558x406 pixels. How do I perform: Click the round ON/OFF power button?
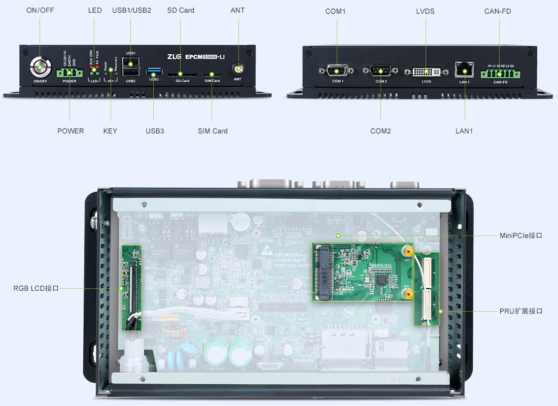click(40, 66)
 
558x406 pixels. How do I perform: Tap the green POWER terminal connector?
click(69, 73)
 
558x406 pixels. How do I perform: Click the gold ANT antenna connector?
click(237, 68)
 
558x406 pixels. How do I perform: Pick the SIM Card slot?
click(212, 74)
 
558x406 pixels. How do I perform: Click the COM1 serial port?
click(337, 71)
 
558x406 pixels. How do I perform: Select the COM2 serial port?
click(381, 71)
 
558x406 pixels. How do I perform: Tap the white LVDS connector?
click(426, 71)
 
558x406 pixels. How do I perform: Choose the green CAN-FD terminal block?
click(500, 74)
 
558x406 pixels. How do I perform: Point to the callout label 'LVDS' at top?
click(425, 11)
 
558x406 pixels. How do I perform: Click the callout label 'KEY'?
click(110, 131)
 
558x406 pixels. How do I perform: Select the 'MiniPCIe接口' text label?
click(521, 235)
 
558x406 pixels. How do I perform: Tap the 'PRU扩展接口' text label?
click(521, 311)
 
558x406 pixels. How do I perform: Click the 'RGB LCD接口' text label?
click(36, 288)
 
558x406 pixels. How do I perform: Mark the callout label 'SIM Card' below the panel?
click(213, 131)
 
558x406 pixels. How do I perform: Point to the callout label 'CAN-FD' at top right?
click(498, 11)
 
